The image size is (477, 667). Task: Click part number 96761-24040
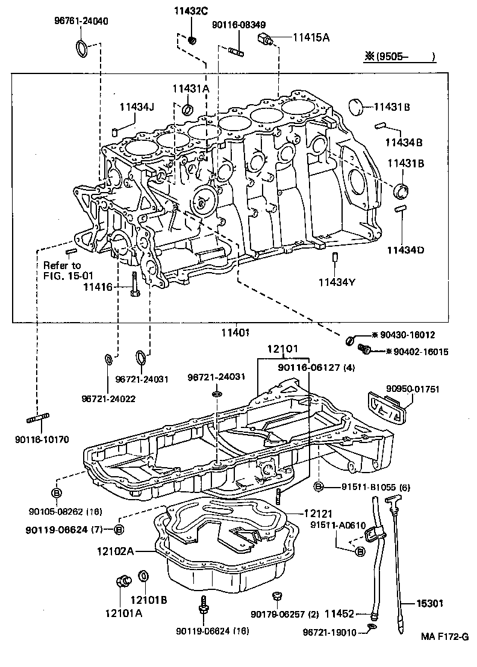pos(78,21)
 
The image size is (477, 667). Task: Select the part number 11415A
pos(311,37)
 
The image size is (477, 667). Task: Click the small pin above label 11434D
pos(399,209)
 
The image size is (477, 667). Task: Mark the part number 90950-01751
pos(413,389)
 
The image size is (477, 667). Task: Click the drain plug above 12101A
pos(124,581)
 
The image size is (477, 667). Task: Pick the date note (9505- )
pos(399,58)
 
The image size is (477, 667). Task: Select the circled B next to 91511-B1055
pos(319,487)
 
